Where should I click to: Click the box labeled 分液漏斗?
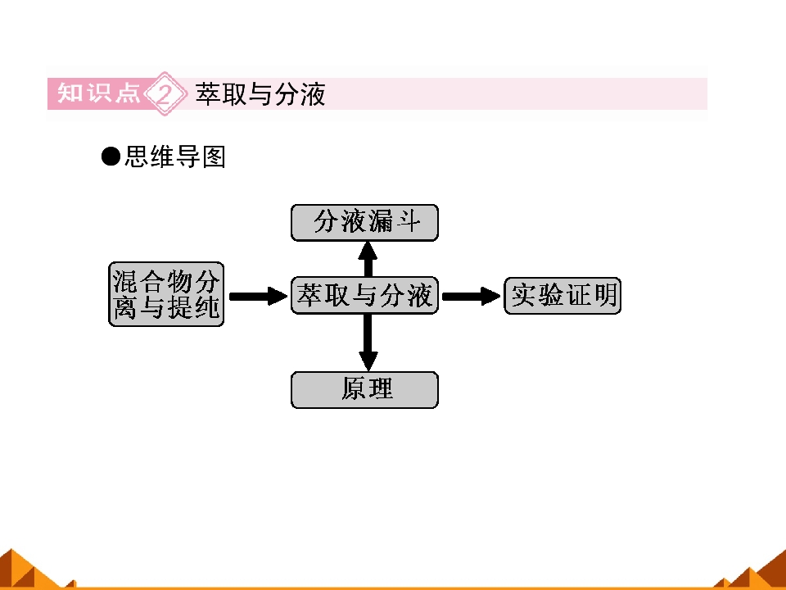(364, 222)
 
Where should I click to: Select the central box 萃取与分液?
(364, 295)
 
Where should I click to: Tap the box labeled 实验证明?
(562, 296)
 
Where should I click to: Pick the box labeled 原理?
(364, 390)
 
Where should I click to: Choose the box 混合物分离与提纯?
(166, 294)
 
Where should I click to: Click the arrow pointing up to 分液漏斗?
(368, 259)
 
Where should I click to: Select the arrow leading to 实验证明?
(472, 296)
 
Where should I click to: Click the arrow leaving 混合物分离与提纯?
(258, 296)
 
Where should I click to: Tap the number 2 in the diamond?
(165, 93)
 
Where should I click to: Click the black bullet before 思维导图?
(111, 157)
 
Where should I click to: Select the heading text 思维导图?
(175, 157)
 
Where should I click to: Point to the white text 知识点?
(99, 93)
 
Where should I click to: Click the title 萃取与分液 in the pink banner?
(260, 93)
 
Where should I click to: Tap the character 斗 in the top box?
(409, 221)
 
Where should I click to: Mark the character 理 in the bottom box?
(381, 388)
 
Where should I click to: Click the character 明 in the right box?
(605, 295)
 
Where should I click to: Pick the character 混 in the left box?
(124, 281)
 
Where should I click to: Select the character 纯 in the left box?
(207, 307)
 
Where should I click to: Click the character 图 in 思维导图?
(214, 157)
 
